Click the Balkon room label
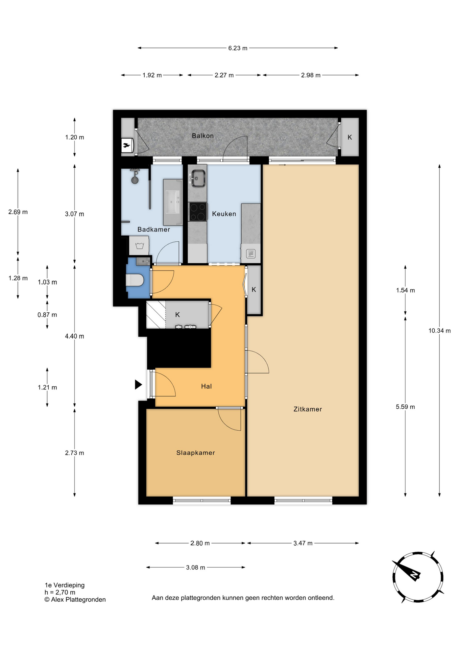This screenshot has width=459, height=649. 203,136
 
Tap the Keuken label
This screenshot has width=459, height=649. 224,214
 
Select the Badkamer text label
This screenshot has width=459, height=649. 154,230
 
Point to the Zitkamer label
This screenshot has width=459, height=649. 308,409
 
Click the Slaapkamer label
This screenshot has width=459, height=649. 196,453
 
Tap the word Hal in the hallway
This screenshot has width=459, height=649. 207,386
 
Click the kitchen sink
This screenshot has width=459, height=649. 198,178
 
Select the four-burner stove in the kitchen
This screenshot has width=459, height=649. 198,212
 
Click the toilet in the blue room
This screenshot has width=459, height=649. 135,280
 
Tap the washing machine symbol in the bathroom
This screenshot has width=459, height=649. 139,245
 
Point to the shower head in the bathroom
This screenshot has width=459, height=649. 135,177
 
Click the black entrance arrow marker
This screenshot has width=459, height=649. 138,385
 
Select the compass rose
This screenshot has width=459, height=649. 418,577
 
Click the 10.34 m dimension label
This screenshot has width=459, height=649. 439,331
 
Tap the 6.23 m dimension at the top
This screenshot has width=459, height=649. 238,48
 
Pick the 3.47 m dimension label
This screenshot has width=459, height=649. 303,543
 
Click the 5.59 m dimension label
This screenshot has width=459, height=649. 405,407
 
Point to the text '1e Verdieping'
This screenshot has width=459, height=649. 65,585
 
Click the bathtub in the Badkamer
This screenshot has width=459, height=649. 173,202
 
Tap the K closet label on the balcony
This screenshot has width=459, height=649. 350,137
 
